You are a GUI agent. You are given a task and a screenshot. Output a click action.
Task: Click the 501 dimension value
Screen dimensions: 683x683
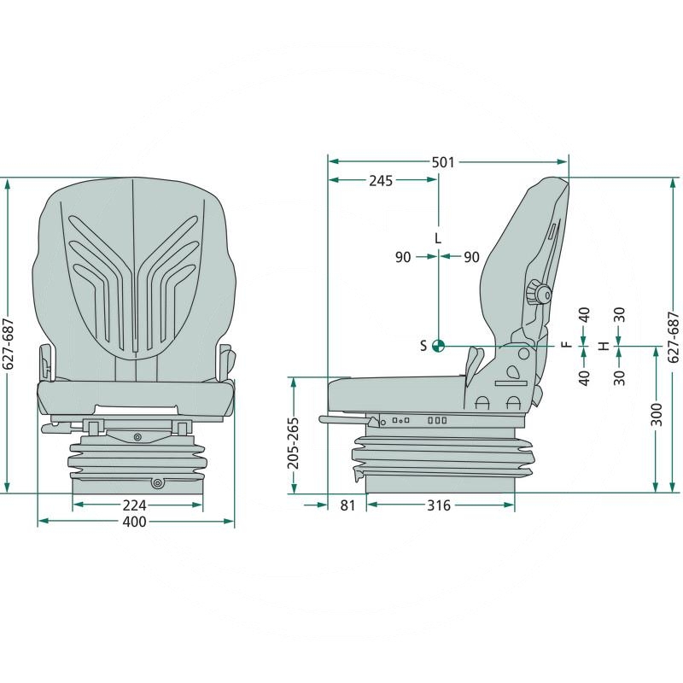point(443,162)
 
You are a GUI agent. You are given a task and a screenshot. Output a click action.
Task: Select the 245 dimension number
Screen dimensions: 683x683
point(381,181)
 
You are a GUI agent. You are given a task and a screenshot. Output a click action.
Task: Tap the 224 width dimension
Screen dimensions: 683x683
point(135,505)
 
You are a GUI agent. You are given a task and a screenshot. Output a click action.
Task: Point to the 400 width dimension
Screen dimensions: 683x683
point(135,522)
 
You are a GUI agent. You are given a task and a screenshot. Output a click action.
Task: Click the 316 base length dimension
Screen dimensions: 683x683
point(439,505)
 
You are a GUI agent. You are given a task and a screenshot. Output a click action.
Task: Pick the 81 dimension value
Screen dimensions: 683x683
point(347,505)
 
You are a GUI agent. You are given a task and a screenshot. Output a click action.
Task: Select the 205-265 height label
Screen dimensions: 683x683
point(294,443)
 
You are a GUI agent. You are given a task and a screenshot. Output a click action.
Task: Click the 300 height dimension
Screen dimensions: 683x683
point(657,415)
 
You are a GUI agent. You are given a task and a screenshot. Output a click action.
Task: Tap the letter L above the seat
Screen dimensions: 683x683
point(438,238)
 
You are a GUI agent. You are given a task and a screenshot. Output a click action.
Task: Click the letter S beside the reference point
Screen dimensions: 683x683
point(423,346)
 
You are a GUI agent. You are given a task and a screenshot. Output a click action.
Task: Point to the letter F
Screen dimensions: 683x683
point(566,344)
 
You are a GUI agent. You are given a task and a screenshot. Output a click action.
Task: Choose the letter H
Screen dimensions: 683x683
point(604,347)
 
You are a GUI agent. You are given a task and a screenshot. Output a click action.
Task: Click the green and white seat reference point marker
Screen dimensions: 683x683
point(438,346)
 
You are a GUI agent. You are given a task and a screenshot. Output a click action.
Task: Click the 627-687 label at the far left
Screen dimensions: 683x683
point(9,344)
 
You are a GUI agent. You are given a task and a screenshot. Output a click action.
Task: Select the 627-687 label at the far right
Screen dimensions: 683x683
point(674,337)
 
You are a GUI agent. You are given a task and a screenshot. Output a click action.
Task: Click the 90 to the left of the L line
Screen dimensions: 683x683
point(403,257)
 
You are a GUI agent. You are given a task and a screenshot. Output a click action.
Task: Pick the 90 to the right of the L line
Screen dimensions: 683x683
point(471,257)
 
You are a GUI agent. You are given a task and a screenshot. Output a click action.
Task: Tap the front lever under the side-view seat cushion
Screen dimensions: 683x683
point(347,420)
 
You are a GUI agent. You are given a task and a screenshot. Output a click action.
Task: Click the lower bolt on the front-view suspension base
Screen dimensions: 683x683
point(157,483)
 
